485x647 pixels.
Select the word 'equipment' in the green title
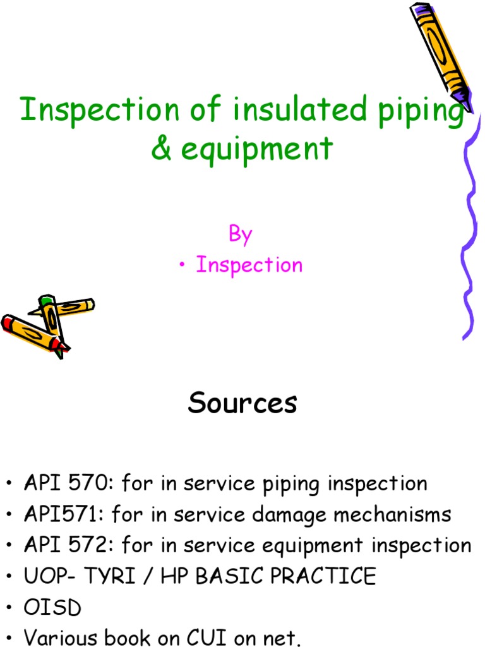tap(256, 150)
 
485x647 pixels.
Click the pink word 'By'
tap(241, 234)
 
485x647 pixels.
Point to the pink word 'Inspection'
tap(249, 265)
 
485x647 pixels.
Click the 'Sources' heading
tap(242, 403)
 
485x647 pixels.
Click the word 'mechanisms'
tap(392, 514)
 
